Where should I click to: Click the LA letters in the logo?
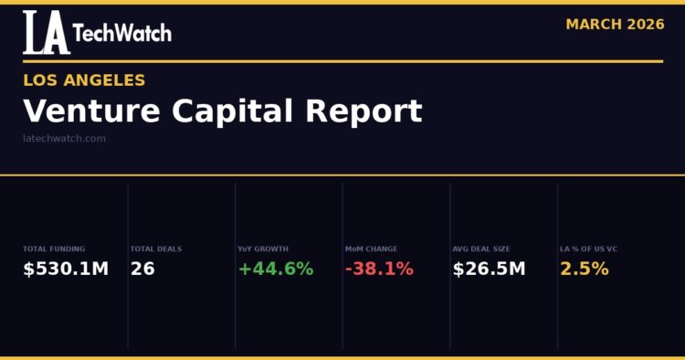click(x=46, y=33)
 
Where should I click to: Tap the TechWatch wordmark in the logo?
click(x=121, y=34)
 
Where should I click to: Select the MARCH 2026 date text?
click(x=615, y=25)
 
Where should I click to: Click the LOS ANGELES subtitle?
click(x=84, y=80)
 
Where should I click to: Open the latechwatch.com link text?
click(x=64, y=139)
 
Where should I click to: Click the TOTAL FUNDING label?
click(x=54, y=249)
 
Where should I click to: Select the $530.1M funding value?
click(x=66, y=269)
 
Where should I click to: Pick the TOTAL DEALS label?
click(x=156, y=249)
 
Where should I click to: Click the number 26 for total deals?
click(x=142, y=269)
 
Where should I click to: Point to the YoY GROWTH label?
click(x=263, y=249)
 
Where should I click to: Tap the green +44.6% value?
click(x=275, y=269)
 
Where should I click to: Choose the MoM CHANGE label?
click(x=371, y=249)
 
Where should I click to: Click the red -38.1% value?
click(x=379, y=269)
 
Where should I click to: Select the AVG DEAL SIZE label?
click(x=481, y=249)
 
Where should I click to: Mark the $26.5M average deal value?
click(x=489, y=269)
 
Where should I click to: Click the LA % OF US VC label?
click(x=589, y=249)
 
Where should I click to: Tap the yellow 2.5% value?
click(x=585, y=269)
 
